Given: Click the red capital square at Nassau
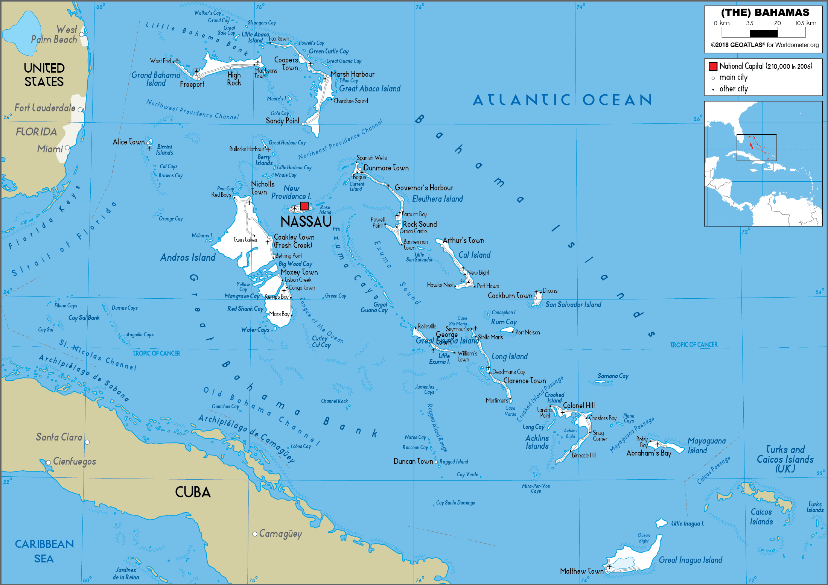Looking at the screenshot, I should (x=304, y=206).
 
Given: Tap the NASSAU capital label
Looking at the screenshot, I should (x=306, y=222).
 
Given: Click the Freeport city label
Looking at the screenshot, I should (x=192, y=84).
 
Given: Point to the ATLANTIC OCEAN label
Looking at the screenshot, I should (x=562, y=100).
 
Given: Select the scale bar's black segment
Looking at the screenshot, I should (x=763, y=33).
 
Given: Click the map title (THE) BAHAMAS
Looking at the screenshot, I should (x=765, y=12).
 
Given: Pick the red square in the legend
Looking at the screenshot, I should (x=713, y=67).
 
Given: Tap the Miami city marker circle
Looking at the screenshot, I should (x=67, y=148).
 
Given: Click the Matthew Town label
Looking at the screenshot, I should (x=581, y=571).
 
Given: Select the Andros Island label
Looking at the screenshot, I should (x=188, y=257).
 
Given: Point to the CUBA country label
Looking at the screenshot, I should (x=193, y=492).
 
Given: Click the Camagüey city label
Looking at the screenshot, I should (x=280, y=533).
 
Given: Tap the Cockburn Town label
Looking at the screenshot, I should (x=510, y=296).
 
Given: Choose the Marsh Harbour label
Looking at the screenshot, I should (x=352, y=74).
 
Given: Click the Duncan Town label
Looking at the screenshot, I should (x=413, y=461).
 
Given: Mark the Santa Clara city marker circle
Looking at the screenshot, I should (x=87, y=442).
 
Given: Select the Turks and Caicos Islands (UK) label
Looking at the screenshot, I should (x=785, y=459).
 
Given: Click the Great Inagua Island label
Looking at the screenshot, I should (x=690, y=560).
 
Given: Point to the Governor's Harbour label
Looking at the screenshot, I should (x=424, y=188).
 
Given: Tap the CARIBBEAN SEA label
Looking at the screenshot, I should (x=44, y=551).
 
